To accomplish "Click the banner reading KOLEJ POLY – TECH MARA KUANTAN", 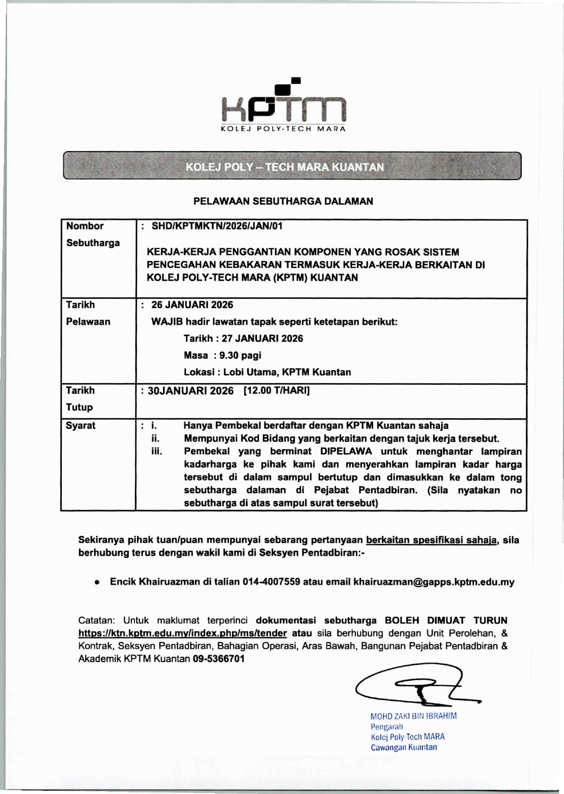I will click(x=285, y=167).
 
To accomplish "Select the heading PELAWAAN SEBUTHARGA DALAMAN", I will click(x=283, y=201).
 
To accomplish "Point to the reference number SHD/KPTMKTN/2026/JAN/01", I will click(x=217, y=226).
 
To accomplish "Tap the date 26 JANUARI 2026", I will click(x=192, y=305).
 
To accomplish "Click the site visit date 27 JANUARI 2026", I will click(x=262, y=339).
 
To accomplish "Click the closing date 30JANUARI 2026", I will click(x=191, y=391).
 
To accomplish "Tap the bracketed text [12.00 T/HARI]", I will click(x=277, y=391).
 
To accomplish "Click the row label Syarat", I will click(x=81, y=425).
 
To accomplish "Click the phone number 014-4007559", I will click(x=271, y=582).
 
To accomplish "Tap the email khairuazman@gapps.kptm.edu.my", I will click(x=434, y=582).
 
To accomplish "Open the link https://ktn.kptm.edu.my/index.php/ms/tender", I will click(x=182, y=633).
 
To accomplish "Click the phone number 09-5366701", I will click(x=219, y=659).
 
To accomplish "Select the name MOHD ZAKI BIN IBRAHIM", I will click(x=413, y=716).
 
